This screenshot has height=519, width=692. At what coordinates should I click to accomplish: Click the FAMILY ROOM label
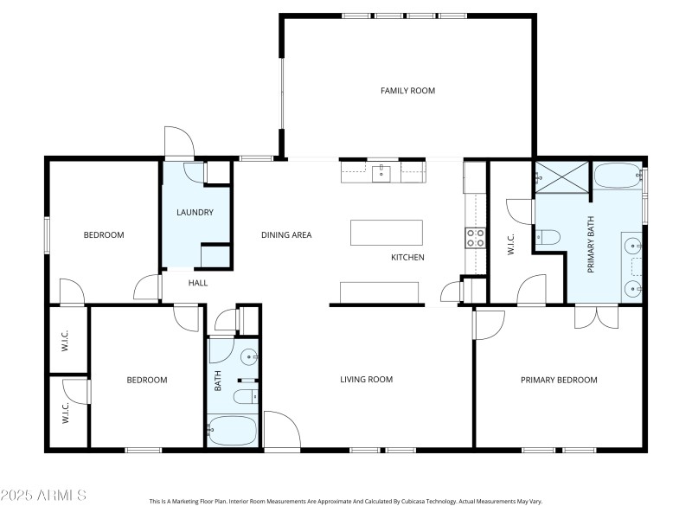(x=407, y=91)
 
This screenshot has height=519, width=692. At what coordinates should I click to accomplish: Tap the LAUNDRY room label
(x=195, y=213)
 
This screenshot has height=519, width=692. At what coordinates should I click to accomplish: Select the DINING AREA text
(x=286, y=234)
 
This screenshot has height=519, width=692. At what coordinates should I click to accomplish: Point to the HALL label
(x=198, y=283)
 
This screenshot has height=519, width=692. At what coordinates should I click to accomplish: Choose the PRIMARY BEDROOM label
(x=559, y=379)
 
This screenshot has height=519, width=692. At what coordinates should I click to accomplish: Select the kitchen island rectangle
(x=387, y=233)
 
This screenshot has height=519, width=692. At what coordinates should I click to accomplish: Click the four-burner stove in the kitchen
(x=476, y=237)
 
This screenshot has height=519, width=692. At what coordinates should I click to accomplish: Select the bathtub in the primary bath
(x=617, y=176)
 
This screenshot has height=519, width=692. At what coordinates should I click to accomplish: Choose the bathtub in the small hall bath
(x=232, y=429)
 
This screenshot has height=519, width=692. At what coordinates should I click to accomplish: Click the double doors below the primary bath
(x=597, y=317)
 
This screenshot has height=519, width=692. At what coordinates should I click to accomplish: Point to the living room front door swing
(x=281, y=430)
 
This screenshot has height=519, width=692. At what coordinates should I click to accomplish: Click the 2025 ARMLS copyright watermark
(x=43, y=496)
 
